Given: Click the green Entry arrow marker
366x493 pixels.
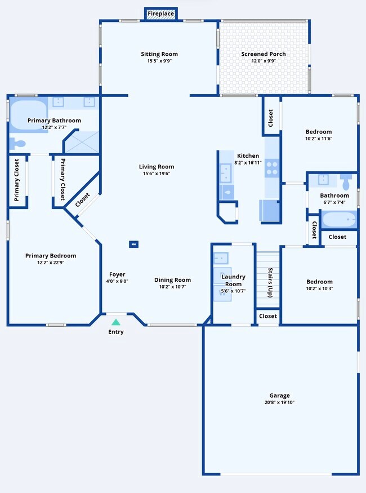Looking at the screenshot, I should pos(115,322).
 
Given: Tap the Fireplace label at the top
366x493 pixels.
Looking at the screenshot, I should pos(161,14).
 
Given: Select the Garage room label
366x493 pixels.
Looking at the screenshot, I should pos(279,396).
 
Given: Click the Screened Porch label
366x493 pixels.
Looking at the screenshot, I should pos(264,54).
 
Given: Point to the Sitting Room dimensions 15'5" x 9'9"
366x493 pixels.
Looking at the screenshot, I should pos(159,61).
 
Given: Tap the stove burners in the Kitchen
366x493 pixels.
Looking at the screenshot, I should pos(272,166).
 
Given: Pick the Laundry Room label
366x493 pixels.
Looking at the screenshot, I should pos(233,280).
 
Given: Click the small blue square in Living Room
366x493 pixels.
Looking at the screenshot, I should pos(133,245).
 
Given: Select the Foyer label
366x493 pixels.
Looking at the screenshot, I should pos(117,274).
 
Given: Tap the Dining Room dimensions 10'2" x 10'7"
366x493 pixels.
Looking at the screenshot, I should pos(173,287).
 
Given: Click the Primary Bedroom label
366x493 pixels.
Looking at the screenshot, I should pos(51,256).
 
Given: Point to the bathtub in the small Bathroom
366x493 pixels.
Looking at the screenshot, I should pos(338,219).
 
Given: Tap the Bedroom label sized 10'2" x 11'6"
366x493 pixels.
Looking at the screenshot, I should pos(319,131).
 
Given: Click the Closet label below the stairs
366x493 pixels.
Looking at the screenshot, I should pos(268,316).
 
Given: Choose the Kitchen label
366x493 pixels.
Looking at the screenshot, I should pos(248,156).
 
